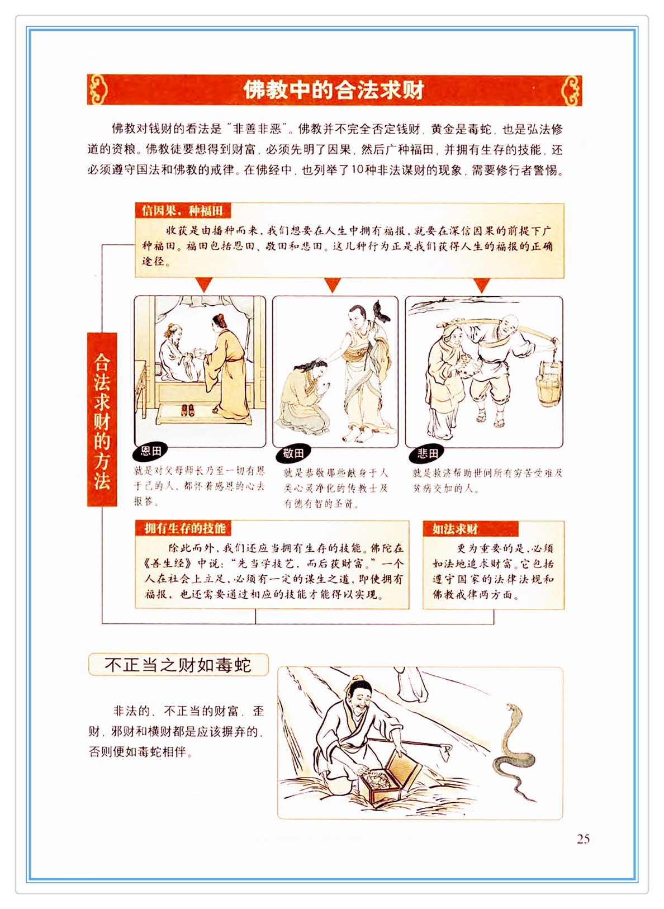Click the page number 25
click(583, 839)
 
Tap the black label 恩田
click(150, 451)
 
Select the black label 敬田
click(293, 453)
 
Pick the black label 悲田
click(426, 453)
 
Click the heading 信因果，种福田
click(183, 211)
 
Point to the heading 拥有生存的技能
click(185, 528)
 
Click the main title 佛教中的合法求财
click(334, 89)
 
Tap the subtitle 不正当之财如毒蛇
click(178, 665)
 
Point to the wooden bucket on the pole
click(549, 382)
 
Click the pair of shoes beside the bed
click(187, 409)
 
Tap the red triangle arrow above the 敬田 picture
click(332, 285)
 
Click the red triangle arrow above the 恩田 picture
click(204, 285)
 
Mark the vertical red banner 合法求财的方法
click(102, 419)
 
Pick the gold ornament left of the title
click(98, 89)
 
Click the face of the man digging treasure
click(360, 698)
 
